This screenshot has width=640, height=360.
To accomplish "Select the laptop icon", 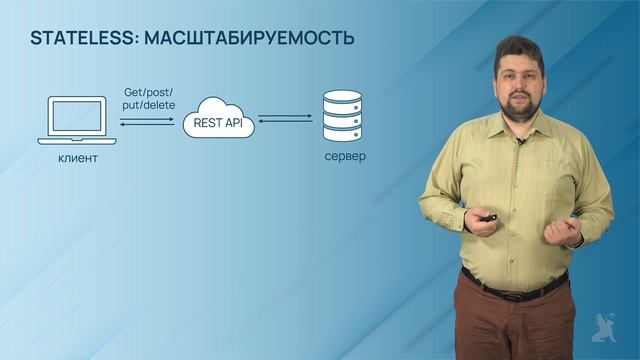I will click(x=77, y=121).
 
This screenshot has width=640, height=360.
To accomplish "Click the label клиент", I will click(x=76, y=159).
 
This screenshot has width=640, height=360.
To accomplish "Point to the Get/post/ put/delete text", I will click(x=147, y=97).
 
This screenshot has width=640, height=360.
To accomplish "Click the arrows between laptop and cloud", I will click(x=147, y=121).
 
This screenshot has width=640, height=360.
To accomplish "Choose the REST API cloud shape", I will click(x=218, y=118).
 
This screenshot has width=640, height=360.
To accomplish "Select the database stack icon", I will click(x=341, y=115).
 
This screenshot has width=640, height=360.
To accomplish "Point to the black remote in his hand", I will click(x=489, y=219).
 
